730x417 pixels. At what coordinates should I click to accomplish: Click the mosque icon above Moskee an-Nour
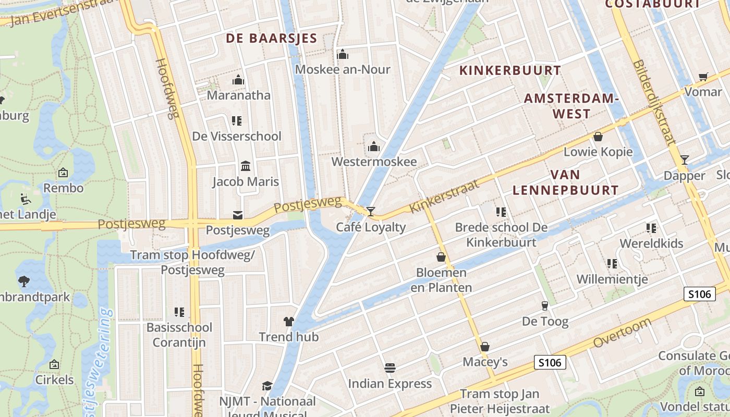(x=343, y=54)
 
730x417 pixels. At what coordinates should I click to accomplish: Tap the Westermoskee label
(x=374, y=162)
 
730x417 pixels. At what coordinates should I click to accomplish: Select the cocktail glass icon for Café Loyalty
(x=371, y=212)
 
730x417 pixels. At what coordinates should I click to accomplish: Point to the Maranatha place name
(x=238, y=95)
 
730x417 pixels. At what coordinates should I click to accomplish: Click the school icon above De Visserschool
(x=237, y=121)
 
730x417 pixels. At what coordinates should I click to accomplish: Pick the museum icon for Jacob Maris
(x=245, y=166)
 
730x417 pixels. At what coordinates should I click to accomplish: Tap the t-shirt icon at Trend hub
(x=289, y=322)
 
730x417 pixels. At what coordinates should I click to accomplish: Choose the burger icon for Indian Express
(x=390, y=368)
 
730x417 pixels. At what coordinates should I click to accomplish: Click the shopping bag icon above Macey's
(x=485, y=347)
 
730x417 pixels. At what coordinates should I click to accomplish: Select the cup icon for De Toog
(x=545, y=305)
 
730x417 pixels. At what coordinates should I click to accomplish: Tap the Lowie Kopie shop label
(x=598, y=152)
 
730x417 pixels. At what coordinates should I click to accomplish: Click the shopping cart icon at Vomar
(x=703, y=77)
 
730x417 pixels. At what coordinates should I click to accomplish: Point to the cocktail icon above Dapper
(x=685, y=160)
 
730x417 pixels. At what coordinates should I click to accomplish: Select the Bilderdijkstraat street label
(x=654, y=103)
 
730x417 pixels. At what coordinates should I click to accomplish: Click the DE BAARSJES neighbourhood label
(x=271, y=38)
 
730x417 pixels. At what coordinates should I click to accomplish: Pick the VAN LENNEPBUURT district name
(x=565, y=182)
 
